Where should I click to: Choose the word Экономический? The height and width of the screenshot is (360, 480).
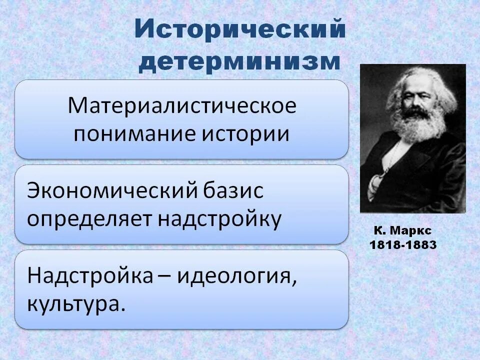coord(109,190)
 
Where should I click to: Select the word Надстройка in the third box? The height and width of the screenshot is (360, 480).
coord(89,275)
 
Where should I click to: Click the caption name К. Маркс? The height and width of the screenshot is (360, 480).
coord(402,231)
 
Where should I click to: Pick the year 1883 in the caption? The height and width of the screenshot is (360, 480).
coord(420,245)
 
